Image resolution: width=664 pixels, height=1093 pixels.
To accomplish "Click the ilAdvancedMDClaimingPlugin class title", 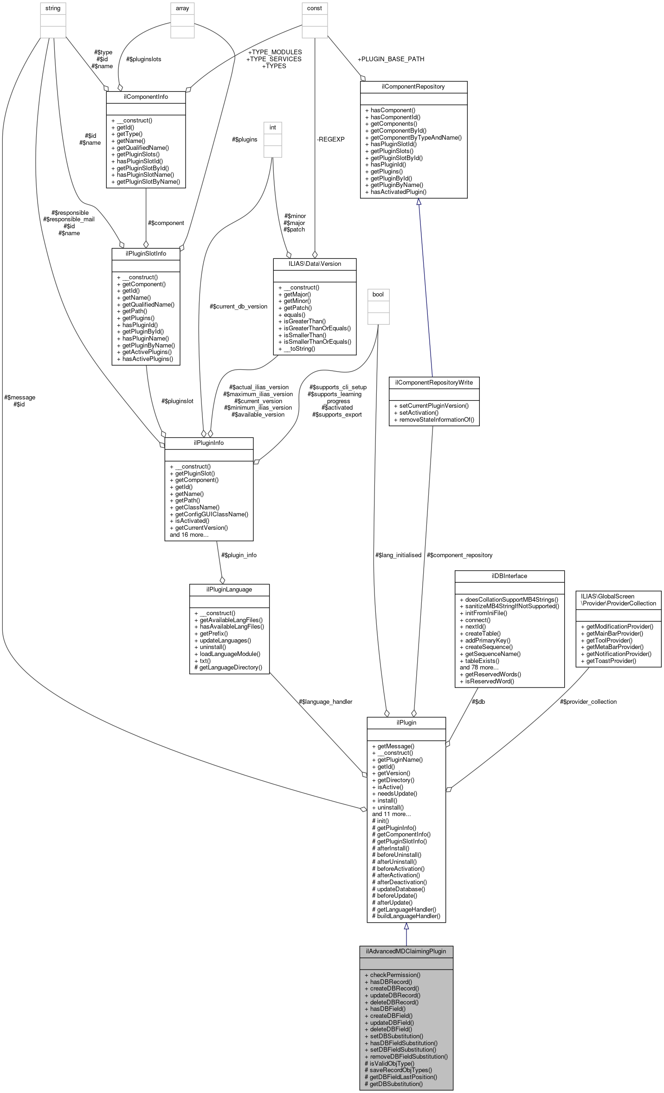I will [x=406, y=951].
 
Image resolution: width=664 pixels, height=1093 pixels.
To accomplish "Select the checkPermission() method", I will [x=395, y=975].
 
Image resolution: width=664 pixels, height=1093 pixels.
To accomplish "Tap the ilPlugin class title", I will [x=406, y=722].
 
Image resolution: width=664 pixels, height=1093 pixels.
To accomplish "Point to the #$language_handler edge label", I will [x=325, y=701].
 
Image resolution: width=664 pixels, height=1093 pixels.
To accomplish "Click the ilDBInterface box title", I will [x=509, y=576].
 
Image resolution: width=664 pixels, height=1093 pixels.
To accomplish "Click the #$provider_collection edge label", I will [x=588, y=701].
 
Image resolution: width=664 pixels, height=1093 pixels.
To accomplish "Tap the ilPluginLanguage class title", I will [x=229, y=589].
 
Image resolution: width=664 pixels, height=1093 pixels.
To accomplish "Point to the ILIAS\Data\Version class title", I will [x=315, y=264].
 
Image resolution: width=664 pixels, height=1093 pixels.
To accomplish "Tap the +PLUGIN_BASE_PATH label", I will [x=391, y=59].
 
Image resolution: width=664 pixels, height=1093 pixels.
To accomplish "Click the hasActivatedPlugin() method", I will [x=398, y=192].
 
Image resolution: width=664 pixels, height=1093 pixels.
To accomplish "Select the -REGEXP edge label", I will [x=330, y=139].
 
